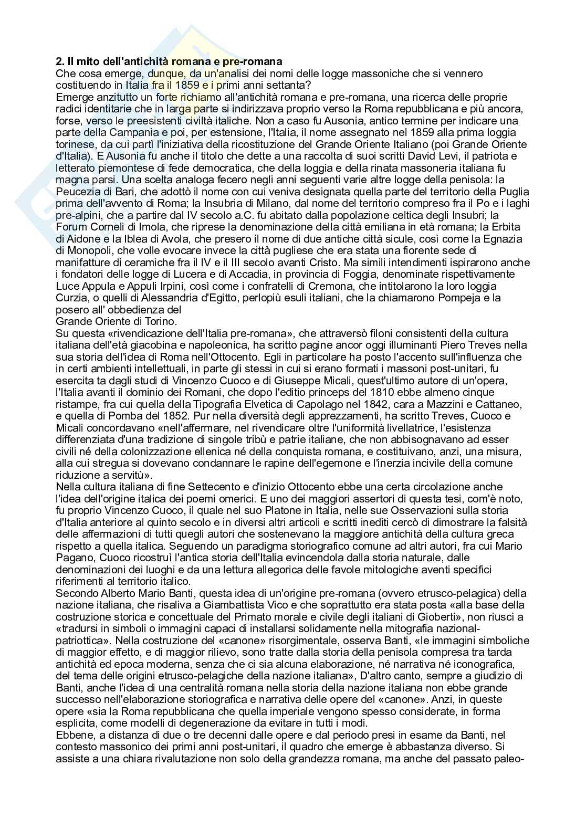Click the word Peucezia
[78, 192]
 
